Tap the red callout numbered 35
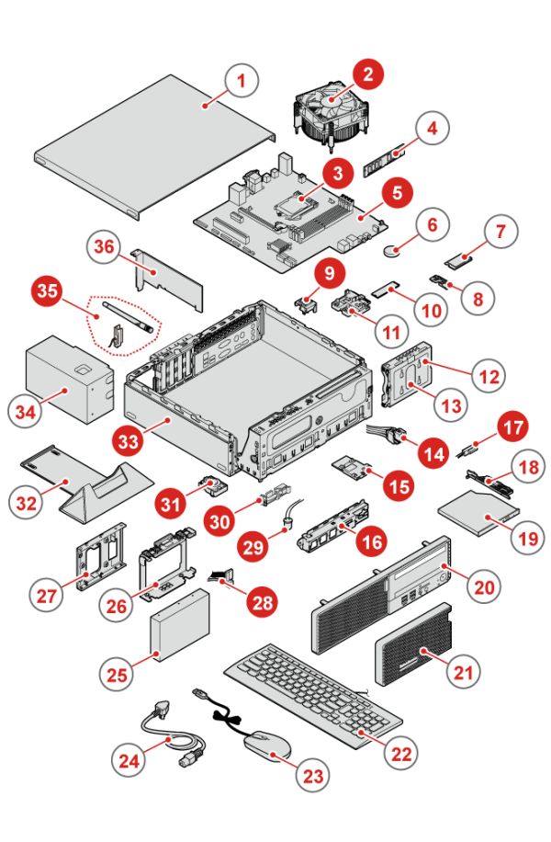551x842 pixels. tap(48, 293)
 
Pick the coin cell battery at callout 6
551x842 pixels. tap(400, 247)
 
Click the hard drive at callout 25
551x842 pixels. tap(179, 629)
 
